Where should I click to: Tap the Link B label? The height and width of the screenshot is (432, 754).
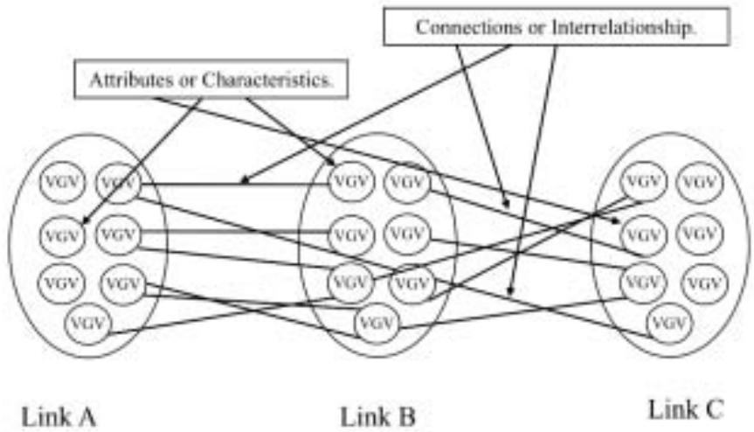(x=378, y=415)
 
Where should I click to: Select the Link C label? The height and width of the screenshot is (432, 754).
(x=685, y=408)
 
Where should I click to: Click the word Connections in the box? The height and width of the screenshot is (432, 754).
(x=455, y=27)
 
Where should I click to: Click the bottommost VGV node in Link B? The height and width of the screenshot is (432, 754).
(x=378, y=324)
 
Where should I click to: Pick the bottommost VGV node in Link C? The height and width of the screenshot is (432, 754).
(x=668, y=324)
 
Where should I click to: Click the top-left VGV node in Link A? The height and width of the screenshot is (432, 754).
(x=61, y=184)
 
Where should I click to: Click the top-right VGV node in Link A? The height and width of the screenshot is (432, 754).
(x=117, y=184)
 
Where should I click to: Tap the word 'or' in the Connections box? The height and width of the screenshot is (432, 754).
(x=511, y=27)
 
